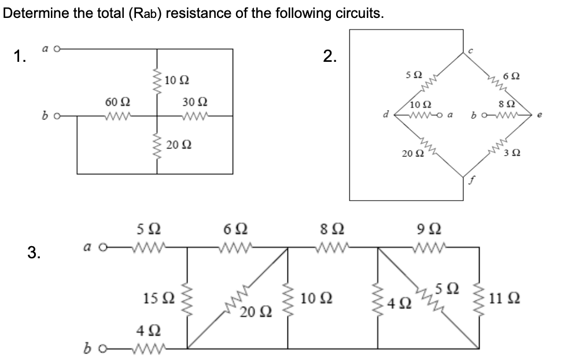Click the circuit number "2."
330,56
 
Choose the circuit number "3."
34,251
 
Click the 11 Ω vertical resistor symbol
480,299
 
